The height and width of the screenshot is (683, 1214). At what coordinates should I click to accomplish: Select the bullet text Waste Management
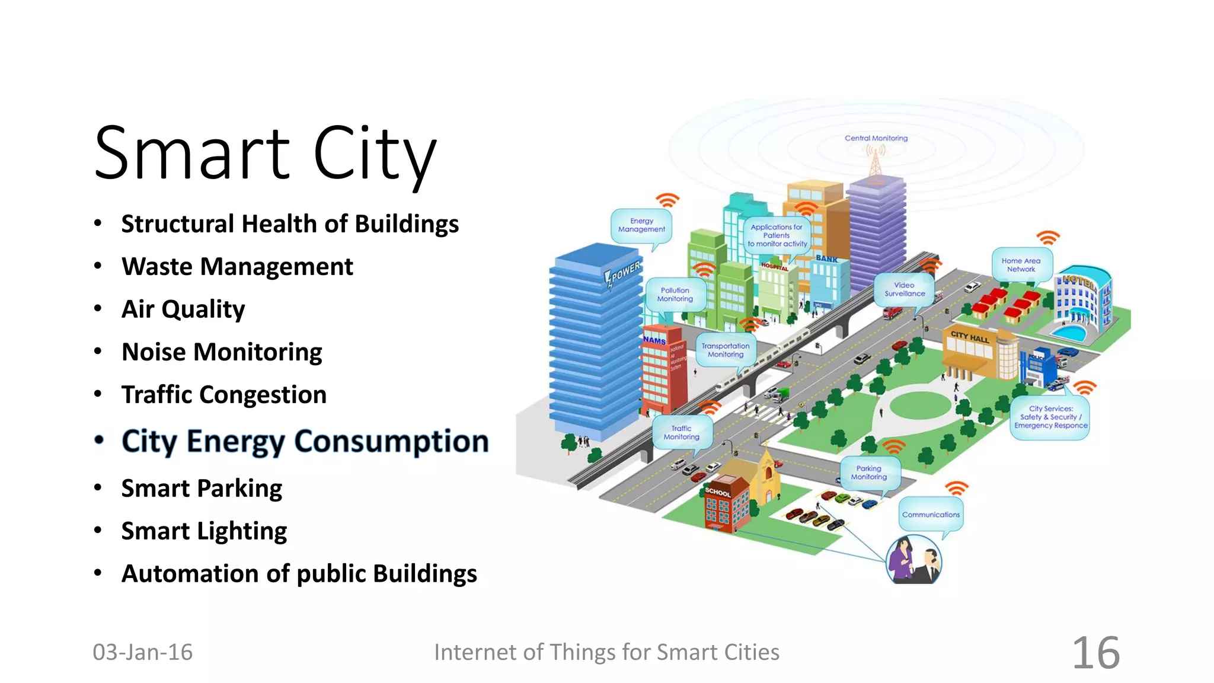(237, 267)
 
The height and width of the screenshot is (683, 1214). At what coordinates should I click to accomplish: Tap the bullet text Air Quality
(183, 309)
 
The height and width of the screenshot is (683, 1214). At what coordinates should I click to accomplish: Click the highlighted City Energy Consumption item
(305, 442)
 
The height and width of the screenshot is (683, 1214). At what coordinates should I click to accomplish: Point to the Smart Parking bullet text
(202, 489)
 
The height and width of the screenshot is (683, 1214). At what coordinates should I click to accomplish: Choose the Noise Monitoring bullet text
(222, 352)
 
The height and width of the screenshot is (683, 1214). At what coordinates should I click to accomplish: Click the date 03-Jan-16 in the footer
(143, 652)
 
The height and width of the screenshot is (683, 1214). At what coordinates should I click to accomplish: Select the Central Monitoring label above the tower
(876, 138)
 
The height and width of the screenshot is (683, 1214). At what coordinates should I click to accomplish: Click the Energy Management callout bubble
(641, 225)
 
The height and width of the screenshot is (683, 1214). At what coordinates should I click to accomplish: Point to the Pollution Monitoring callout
(675, 295)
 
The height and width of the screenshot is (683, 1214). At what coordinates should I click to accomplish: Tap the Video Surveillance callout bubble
(905, 289)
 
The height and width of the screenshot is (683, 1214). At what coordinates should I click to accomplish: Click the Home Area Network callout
(1021, 265)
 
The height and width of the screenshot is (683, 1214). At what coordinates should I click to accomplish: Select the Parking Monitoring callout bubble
(869, 473)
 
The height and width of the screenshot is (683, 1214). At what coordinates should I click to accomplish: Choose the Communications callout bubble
(931, 515)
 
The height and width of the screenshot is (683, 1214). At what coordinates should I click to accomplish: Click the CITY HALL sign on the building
(970, 337)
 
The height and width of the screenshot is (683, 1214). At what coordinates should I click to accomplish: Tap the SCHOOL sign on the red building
(718, 492)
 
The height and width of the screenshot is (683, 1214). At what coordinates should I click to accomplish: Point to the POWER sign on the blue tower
(623, 273)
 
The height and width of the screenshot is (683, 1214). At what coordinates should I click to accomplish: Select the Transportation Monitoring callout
(726, 350)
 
